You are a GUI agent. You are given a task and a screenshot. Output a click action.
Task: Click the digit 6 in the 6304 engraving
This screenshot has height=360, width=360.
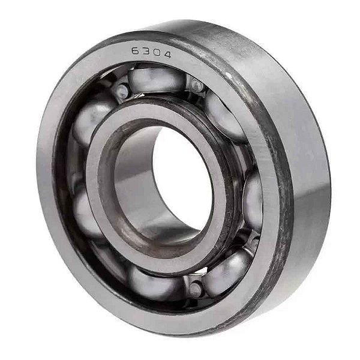[x=136, y=51]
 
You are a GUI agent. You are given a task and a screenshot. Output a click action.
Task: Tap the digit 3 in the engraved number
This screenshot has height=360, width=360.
[x=145, y=52]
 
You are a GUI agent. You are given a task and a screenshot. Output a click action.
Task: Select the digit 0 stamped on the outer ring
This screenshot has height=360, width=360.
[x=156, y=53]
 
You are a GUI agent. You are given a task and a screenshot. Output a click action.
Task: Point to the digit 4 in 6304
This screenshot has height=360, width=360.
[x=166, y=55]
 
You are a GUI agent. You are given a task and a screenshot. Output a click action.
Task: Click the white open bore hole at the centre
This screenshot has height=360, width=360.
[x=182, y=178]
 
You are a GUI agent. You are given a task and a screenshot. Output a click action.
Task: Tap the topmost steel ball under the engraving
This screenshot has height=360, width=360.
[x=156, y=79]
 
